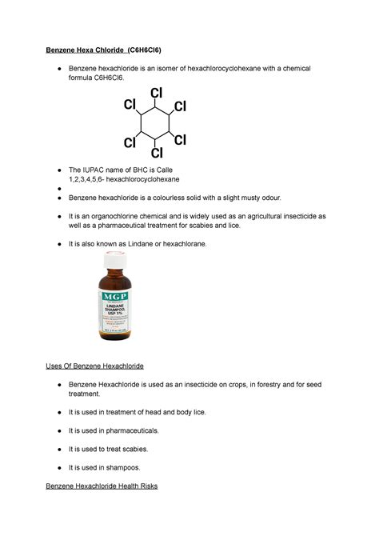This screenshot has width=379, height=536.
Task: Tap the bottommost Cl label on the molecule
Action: click(157, 152)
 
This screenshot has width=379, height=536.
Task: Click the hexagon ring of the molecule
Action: click(156, 123)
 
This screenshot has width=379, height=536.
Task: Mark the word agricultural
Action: click(265, 216)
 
